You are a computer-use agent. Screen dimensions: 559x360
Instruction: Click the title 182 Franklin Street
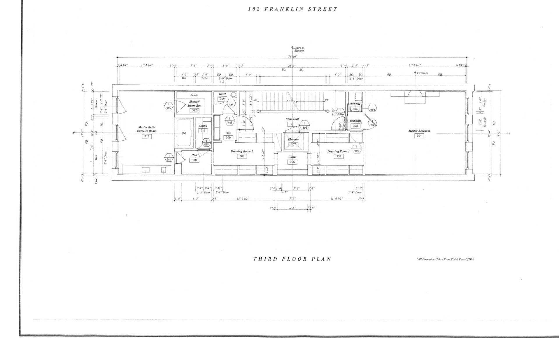[293, 9]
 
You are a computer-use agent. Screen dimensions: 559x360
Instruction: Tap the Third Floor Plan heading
[292, 259]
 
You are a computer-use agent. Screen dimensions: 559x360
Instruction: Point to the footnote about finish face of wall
[445, 259]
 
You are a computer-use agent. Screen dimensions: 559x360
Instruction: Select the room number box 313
[146, 136]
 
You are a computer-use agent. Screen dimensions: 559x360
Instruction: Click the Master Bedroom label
[419, 131]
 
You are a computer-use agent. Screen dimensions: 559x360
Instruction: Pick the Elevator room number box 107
[293, 144]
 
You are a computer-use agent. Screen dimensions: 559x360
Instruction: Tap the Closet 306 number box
[292, 162]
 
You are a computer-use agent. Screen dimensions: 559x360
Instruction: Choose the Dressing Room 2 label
[242, 151]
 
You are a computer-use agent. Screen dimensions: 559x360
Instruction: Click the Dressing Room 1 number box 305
[338, 156]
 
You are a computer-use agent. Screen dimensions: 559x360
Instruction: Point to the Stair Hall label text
[292, 119]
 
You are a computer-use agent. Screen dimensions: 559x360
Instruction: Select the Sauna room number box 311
[203, 131]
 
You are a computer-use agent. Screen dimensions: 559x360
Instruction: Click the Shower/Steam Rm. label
[194, 103]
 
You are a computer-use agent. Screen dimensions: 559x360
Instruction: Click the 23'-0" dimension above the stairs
[292, 66]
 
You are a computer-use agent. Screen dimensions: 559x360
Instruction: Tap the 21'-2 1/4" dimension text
[415, 66]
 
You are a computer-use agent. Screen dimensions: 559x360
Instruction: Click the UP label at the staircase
[327, 100]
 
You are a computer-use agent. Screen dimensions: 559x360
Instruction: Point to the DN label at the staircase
[255, 100]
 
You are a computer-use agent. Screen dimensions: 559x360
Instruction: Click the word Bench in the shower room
[194, 95]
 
